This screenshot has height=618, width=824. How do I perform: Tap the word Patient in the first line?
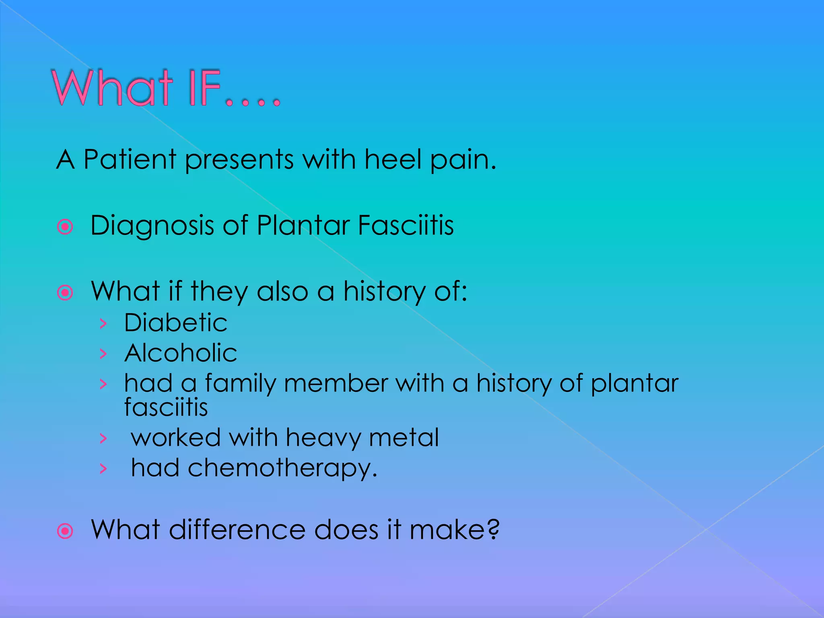130,159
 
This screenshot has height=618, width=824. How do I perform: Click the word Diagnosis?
152,225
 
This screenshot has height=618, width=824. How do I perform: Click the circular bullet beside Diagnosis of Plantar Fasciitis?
65,227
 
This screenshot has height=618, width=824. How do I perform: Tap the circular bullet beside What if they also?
65,293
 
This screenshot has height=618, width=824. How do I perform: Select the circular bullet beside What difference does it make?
65,531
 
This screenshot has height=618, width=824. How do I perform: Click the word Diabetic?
175,323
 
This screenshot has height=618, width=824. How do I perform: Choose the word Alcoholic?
181,353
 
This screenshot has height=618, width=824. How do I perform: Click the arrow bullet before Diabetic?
103,323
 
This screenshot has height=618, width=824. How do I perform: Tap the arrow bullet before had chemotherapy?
103,468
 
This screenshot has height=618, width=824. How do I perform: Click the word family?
240,383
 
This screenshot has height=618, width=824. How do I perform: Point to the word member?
336,383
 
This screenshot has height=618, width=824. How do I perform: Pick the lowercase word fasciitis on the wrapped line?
166,407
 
